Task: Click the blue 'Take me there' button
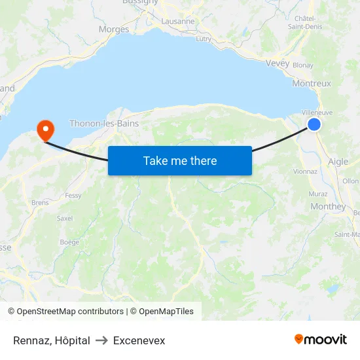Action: tap(179, 161)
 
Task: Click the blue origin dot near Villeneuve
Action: tap(314, 124)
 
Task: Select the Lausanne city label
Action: tap(177, 21)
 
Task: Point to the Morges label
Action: tap(114, 29)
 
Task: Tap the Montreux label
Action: tap(312, 84)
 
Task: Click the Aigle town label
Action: tap(338, 162)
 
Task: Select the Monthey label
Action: tap(329, 206)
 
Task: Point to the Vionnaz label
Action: tap(306, 171)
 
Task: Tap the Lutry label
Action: tap(204, 39)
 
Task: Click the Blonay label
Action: tap(303, 65)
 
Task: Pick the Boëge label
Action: tap(69, 242)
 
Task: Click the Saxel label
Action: tap(65, 219)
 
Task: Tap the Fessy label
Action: tap(73, 196)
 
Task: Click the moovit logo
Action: tap(321, 340)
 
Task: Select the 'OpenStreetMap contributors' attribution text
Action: tap(70, 312)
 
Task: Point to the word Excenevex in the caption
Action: tap(139, 341)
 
